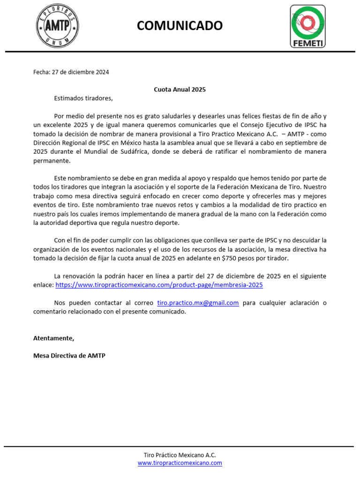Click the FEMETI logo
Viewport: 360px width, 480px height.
coord(308,26)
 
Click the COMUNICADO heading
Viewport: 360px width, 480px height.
coord(180,25)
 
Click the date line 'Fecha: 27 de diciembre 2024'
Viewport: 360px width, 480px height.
coord(71,72)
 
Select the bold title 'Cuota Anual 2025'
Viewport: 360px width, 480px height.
coord(180,89)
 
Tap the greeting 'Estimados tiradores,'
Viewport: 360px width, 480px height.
coord(83,98)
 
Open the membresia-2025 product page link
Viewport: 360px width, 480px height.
coord(159,285)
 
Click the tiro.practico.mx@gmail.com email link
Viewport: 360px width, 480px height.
coord(198,303)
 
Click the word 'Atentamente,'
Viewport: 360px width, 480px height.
coord(53,338)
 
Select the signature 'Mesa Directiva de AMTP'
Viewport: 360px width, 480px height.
coord(69,356)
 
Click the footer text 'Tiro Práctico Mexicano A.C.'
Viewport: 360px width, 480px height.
coord(180,455)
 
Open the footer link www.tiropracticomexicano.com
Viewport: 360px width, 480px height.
coord(180,463)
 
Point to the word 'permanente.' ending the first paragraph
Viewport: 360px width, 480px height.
coord(52,160)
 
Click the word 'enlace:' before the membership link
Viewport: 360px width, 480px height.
coord(44,285)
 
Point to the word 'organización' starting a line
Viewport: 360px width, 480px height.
coord(52,249)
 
